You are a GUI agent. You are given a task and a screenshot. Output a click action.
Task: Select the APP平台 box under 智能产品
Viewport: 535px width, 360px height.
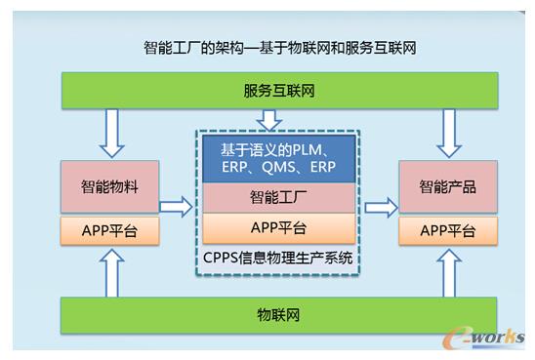[x=448, y=231]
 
